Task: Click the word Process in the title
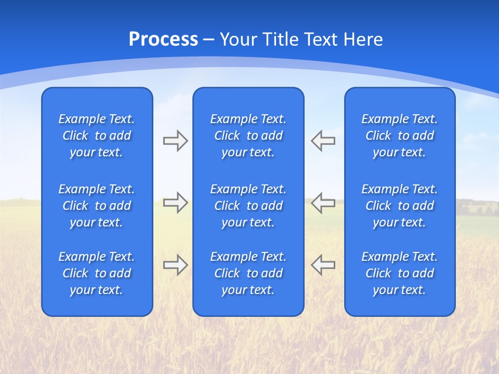point(163,39)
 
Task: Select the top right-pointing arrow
point(175,141)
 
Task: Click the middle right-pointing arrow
point(175,203)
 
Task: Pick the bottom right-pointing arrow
point(175,265)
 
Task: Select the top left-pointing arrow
point(323,141)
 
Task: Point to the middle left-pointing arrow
point(323,203)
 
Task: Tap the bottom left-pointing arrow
point(323,265)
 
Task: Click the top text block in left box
point(97,136)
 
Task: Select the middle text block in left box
point(97,206)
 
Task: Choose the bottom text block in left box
point(97,273)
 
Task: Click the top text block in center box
point(248,136)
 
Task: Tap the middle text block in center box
point(248,206)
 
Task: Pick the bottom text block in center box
point(248,273)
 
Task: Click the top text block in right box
point(399,136)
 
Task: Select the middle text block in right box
point(399,206)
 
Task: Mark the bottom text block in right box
point(399,273)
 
